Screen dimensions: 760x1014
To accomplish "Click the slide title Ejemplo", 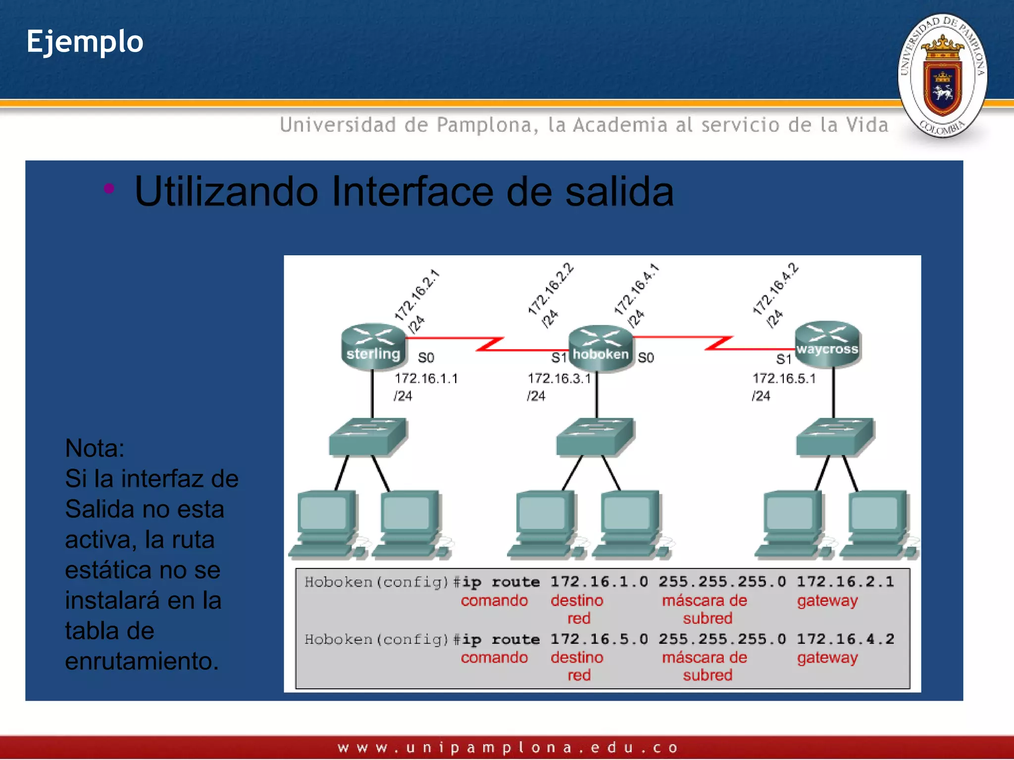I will [85, 42].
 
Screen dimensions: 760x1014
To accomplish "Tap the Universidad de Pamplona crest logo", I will [942, 76].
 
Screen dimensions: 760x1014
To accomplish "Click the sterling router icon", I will [374, 346].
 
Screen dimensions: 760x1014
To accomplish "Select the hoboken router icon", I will [600, 347].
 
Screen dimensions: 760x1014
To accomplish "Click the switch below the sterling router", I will [368, 436].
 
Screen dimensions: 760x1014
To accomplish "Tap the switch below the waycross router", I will [835, 436].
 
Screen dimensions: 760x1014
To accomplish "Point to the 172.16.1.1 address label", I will [426, 379].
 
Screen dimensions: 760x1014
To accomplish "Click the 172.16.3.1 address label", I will [559, 379].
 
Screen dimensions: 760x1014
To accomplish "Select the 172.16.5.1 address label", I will [784, 379].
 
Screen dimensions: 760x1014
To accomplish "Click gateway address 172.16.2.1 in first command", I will [845, 582].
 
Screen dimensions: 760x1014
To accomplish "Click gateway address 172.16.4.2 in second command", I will [845, 639].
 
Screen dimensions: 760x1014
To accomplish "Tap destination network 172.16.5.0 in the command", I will [599, 639].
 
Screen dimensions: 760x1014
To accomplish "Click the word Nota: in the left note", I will [95, 448].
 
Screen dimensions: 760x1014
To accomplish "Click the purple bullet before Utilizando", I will [109, 188].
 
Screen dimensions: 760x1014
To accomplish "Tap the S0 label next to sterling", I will [426, 357].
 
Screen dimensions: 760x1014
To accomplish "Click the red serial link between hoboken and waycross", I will [718, 343].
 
